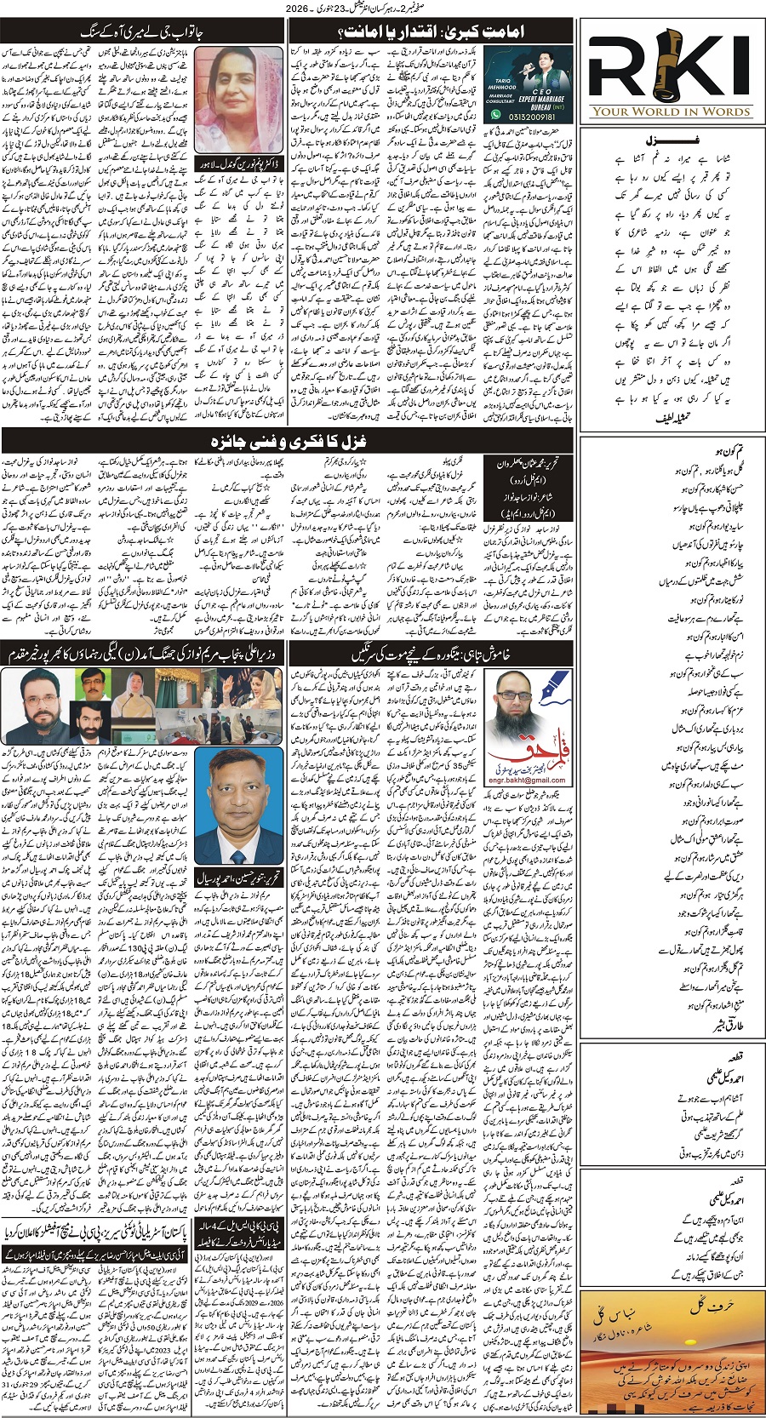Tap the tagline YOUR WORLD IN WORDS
click(x=672, y=111)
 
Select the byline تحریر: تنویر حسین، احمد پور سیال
click(x=226, y=876)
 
